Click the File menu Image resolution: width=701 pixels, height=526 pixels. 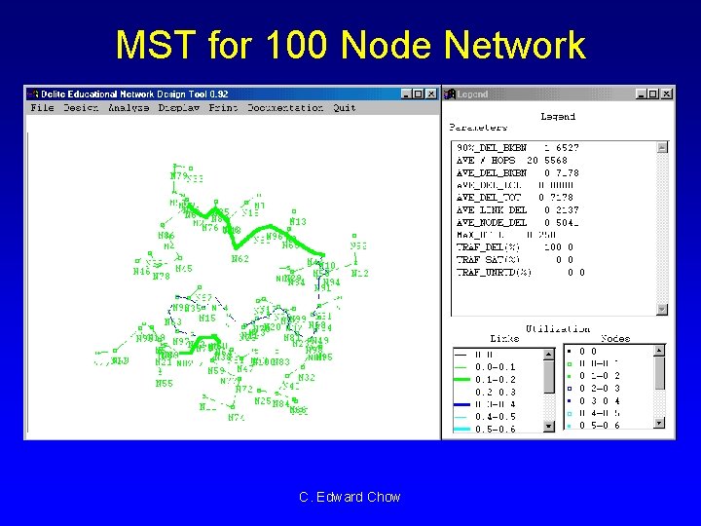click(42, 108)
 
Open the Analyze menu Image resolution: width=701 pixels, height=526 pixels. click(129, 108)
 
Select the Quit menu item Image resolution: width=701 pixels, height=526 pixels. click(345, 108)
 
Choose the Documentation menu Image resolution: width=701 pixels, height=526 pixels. click(285, 108)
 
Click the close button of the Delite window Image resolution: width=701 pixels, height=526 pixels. click(432, 94)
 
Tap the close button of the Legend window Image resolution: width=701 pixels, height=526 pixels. click(667, 94)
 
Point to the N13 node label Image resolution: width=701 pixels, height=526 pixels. click(298, 222)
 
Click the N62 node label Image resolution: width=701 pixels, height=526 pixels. click(240, 259)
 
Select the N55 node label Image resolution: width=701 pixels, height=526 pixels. click(165, 384)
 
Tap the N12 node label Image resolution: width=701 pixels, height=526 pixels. click(360, 274)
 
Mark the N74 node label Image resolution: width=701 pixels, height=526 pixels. click(237, 417)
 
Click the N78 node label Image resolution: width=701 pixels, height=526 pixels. click(162, 277)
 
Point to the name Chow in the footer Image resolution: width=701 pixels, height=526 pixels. click(384, 497)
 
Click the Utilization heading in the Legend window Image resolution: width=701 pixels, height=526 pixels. click(558, 329)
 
